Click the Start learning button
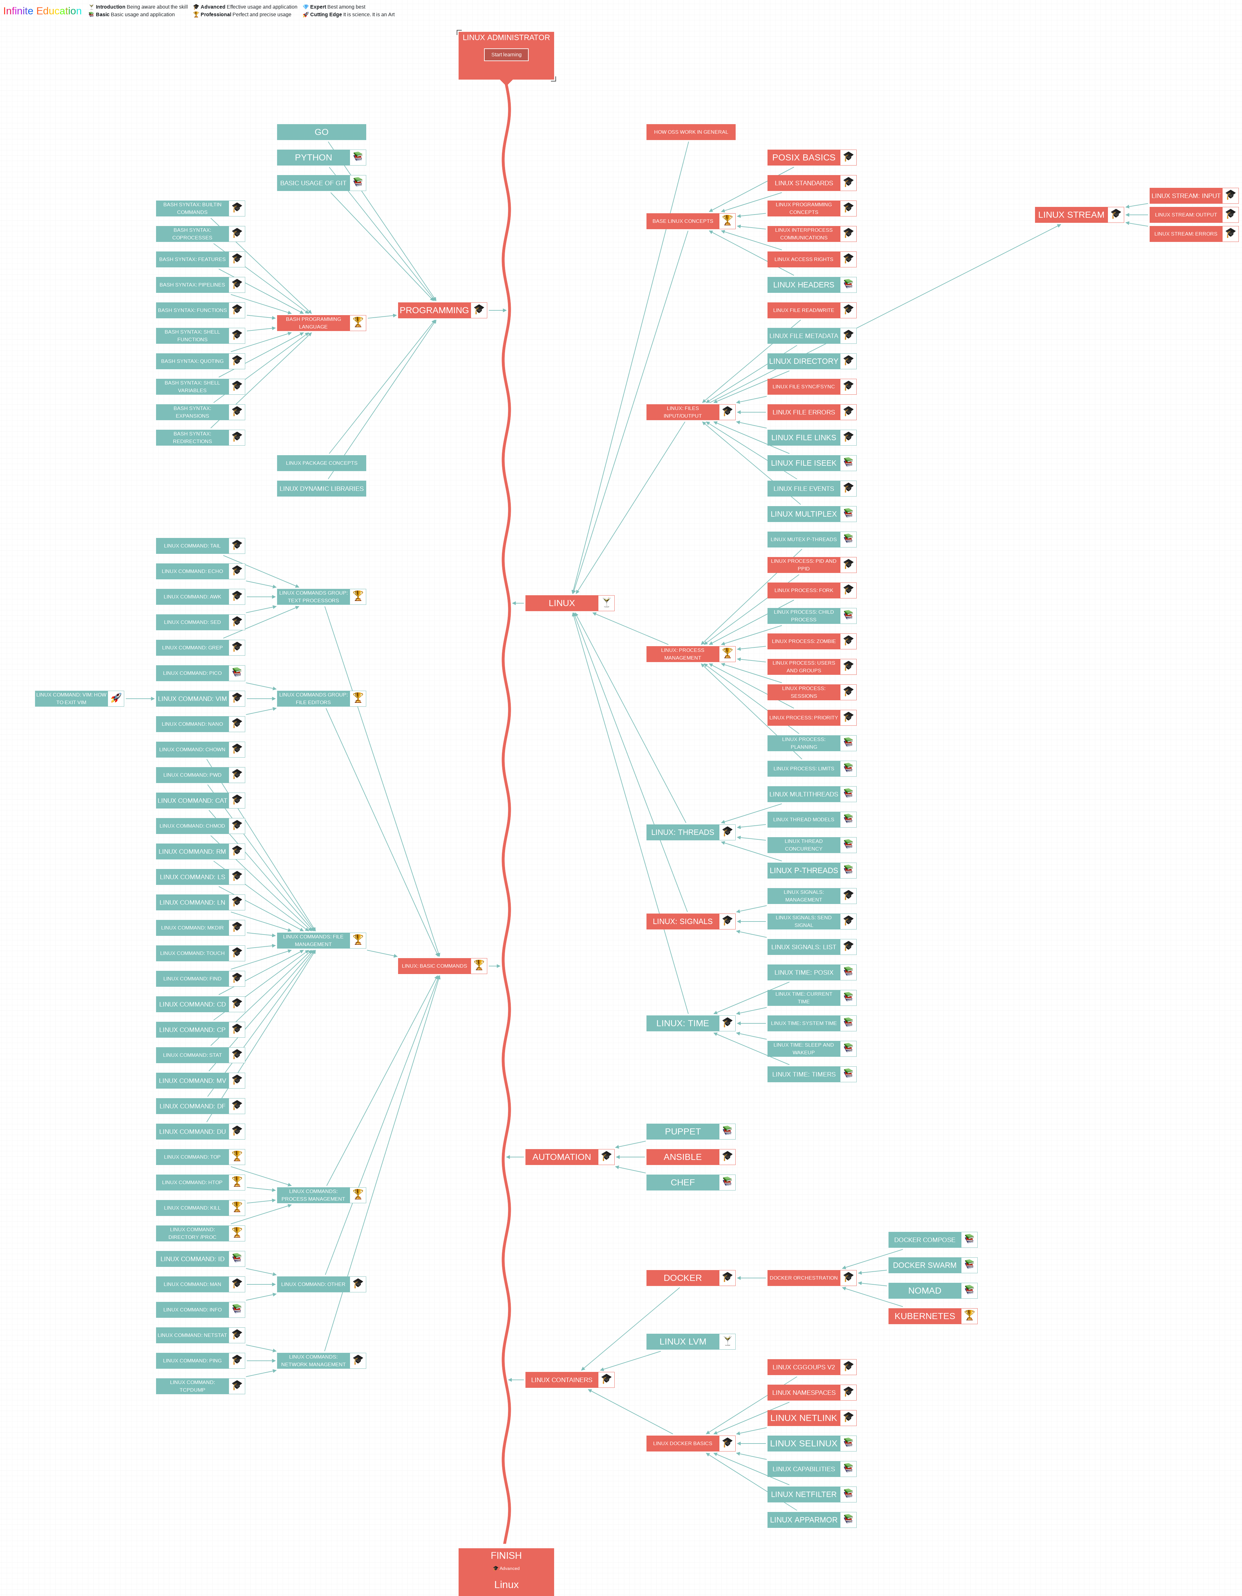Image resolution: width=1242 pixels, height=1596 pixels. (506, 55)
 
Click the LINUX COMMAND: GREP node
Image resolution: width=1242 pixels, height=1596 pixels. (192, 647)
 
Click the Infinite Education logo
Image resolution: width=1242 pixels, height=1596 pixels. (42, 11)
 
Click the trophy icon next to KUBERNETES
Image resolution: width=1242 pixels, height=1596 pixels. (969, 1315)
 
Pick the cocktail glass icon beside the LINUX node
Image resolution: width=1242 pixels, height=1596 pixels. (606, 603)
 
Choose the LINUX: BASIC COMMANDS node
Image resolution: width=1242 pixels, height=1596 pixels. (434, 966)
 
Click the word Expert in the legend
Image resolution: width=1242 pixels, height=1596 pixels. (318, 7)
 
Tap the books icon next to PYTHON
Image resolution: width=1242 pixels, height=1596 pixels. (357, 157)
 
